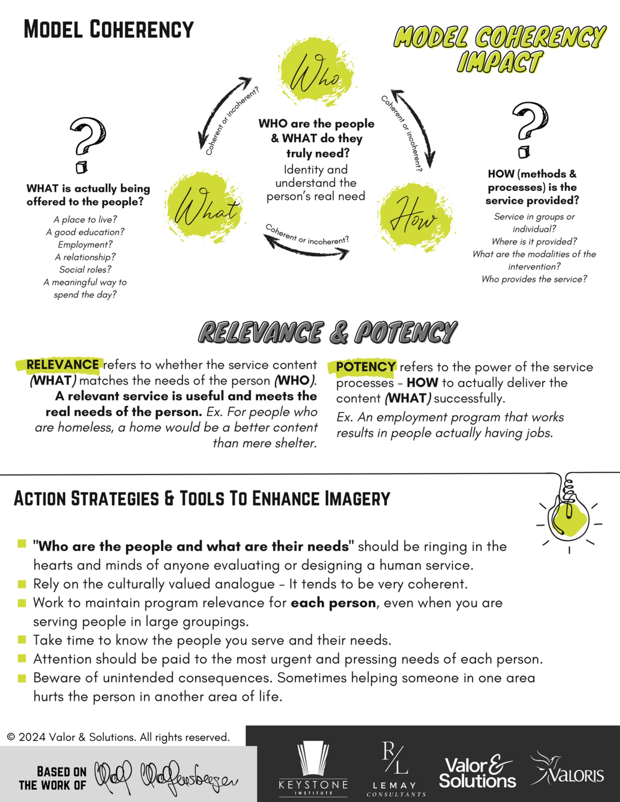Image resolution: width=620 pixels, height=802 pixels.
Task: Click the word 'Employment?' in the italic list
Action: click(85, 244)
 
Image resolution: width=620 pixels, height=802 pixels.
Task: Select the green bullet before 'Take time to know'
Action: click(22, 640)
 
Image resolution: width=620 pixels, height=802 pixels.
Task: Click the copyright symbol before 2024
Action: click(11, 737)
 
